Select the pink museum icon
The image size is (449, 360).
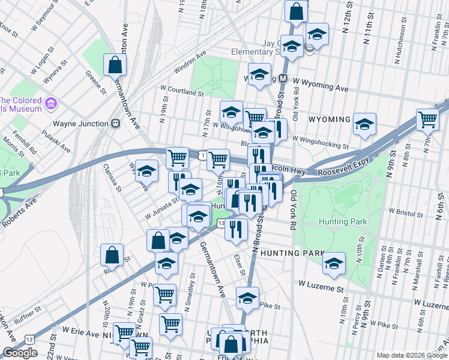(x=50, y=104)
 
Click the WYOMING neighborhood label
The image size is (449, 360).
(x=329, y=119)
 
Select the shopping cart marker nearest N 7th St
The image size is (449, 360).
(x=427, y=118)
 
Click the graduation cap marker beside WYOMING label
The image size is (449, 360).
(x=364, y=124)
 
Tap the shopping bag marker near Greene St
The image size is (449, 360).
(x=114, y=65)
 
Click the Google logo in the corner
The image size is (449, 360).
(x=20, y=353)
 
